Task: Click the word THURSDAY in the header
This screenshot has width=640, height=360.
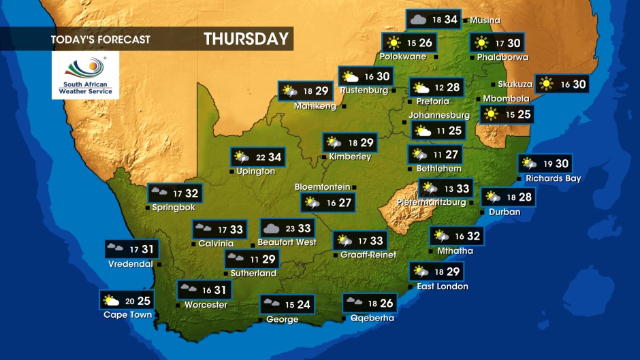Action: tap(246, 39)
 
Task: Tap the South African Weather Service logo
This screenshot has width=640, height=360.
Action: tap(85, 75)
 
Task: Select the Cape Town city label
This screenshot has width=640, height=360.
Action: tap(127, 314)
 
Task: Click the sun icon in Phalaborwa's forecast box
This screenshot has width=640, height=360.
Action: tap(481, 43)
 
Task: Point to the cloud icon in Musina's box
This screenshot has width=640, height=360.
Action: tap(417, 19)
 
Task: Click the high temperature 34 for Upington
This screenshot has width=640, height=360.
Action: tap(274, 157)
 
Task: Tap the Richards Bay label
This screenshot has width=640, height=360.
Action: tap(553, 179)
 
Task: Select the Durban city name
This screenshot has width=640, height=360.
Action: tap(505, 212)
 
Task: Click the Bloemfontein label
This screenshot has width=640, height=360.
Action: tap(322, 186)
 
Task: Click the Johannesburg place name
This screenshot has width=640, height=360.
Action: tap(439, 115)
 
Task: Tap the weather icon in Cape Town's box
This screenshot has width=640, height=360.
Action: tap(110, 300)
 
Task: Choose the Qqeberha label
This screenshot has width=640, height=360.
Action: tap(372, 318)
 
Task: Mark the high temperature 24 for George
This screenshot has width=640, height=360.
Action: tap(303, 305)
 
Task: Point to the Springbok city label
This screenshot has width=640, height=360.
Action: tap(174, 207)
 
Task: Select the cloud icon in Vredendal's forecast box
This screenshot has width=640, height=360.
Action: tap(114, 249)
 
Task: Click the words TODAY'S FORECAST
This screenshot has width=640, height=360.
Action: tap(100, 39)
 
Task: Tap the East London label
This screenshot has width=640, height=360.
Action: tap(443, 287)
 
